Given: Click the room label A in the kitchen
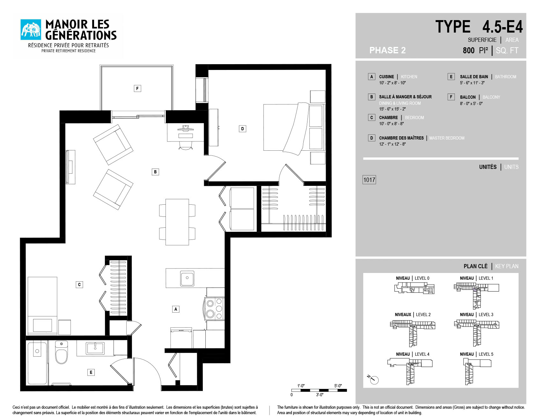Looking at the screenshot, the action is (x=176, y=309).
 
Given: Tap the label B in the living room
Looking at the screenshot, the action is (x=155, y=172).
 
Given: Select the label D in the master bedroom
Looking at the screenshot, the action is (x=242, y=129).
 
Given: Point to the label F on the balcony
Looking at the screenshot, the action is (x=137, y=88).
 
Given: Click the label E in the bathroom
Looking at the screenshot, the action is (x=91, y=372).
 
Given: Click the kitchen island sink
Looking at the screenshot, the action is (x=187, y=278).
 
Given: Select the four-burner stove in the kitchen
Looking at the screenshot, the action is (x=214, y=309).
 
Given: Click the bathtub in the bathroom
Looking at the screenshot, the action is (x=37, y=363).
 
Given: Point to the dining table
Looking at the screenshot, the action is (x=177, y=222).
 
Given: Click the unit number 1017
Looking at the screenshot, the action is (x=369, y=180).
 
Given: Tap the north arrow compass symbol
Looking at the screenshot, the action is (x=373, y=379).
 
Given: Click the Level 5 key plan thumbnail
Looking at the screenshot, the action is (x=477, y=372).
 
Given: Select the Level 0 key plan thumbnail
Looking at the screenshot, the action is (x=414, y=288).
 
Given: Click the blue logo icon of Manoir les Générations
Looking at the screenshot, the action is (x=31, y=30).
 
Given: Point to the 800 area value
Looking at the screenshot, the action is (x=469, y=50).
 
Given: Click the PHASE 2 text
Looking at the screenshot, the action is (x=388, y=50).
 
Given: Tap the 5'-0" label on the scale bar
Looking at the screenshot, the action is (x=338, y=386).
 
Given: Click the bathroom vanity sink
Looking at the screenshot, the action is (x=95, y=348).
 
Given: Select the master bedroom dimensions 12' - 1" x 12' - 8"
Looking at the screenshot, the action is (x=392, y=144).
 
